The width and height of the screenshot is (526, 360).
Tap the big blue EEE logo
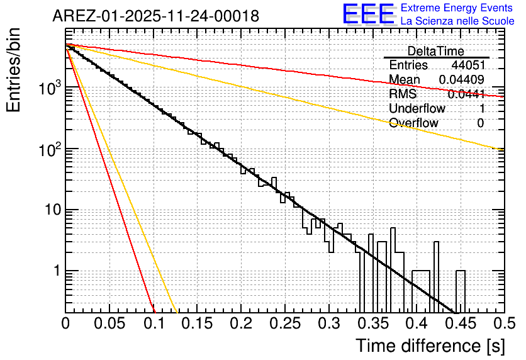point(368,14)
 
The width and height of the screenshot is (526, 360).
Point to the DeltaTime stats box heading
point(436,51)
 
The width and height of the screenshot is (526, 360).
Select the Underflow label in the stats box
point(417,108)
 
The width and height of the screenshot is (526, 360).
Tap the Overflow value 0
point(480,123)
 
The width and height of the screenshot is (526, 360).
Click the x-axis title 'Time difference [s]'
point(429,346)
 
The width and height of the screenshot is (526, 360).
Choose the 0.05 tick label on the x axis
point(109,324)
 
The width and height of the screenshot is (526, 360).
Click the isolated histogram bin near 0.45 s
point(461,291)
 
